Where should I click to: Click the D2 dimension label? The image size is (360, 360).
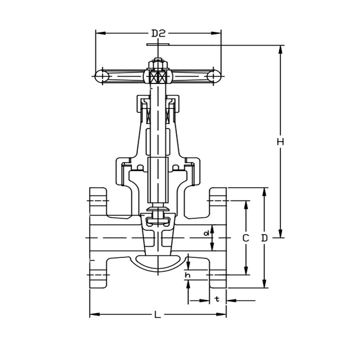tap(158, 34)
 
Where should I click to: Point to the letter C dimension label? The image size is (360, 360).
tap(245, 238)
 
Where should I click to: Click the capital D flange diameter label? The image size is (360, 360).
tap(265, 238)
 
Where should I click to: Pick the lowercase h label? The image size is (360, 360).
tap(188, 275)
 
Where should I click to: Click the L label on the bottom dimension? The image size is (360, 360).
tap(157, 314)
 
